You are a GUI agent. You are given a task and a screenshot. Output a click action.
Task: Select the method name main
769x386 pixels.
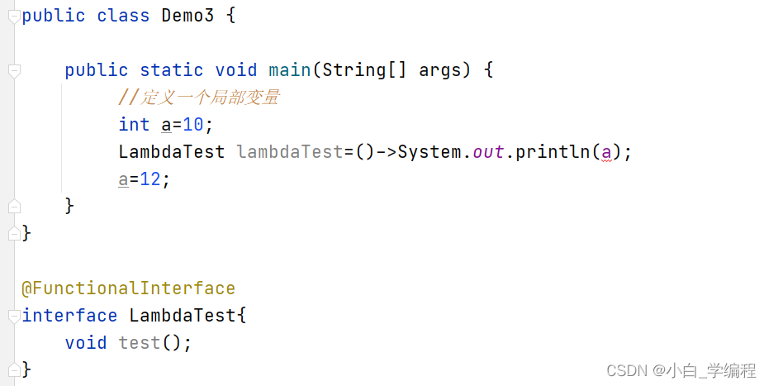point(289,70)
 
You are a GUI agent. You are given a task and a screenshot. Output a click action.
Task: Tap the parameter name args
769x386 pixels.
point(439,70)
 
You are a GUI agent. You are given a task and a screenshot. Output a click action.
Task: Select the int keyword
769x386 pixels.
point(134,125)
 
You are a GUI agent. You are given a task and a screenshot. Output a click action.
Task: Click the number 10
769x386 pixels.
point(192,125)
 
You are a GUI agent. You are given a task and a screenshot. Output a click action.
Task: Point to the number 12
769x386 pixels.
point(150,179)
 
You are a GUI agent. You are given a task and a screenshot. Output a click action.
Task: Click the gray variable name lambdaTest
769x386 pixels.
point(289,152)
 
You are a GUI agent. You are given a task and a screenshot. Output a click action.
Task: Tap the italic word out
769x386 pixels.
point(488,152)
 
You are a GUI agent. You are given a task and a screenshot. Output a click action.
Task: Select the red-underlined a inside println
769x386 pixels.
point(606,152)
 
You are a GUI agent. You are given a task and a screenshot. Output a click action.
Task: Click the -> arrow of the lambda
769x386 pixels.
point(387,152)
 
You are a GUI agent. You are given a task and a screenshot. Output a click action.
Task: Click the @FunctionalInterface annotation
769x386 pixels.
point(128,288)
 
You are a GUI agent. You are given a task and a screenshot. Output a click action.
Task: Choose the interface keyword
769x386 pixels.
point(69,316)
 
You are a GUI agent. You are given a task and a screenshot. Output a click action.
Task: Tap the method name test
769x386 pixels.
point(139,342)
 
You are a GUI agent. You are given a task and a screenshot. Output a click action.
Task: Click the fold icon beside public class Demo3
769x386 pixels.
point(12,17)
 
